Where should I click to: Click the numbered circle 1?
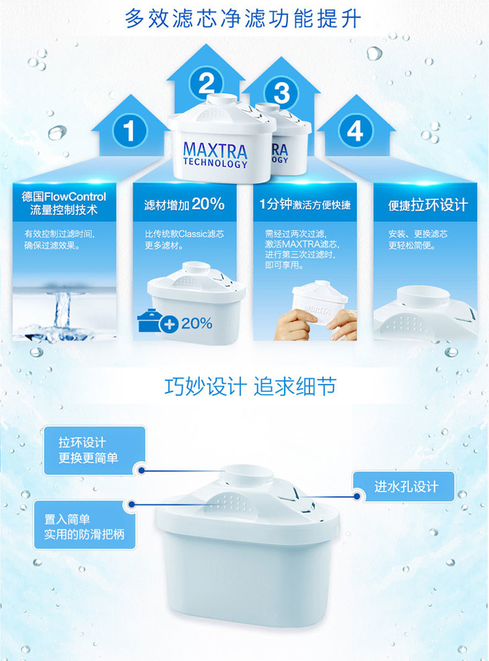click(x=130, y=131)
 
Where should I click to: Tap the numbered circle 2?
click(x=206, y=84)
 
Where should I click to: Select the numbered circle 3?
click(x=281, y=93)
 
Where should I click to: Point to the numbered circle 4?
click(x=355, y=130)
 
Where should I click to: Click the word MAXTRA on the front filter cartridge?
click(x=215, y=150)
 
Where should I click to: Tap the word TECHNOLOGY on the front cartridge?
click(x=215, y=163)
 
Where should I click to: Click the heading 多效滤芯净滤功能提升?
click(x=243, y=19)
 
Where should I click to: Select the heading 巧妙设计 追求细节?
click(x=250, y=386)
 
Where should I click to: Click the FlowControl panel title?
click(x=64, y=203)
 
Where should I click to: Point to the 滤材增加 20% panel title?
click(x=184, y=204)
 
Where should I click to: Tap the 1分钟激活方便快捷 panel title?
click(x=305, y=205)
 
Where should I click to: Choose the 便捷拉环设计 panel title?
click(x=428, y=205)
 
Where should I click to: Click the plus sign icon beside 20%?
click(x=169, y=324)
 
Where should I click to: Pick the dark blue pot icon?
click(x=149, y=320)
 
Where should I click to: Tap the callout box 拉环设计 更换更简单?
click(x=94, y=450)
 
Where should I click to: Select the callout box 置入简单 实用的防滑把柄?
click(x=84, y=524)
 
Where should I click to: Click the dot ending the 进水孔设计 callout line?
click(x=357, y=496)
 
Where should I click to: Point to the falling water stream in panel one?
click(x=62, y=310)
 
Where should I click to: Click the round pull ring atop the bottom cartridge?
click(x=247, y=476)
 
